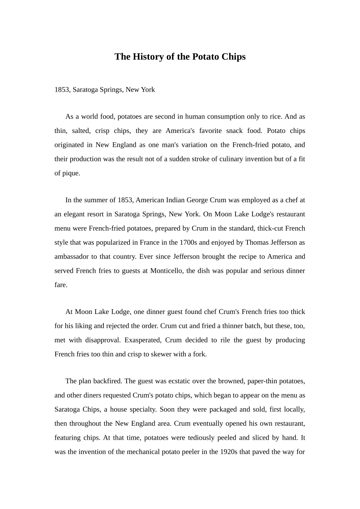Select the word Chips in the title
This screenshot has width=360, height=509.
tap(233, 57)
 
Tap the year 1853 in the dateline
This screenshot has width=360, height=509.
tap(62, 90)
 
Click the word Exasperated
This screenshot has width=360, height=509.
tap(143, 340)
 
